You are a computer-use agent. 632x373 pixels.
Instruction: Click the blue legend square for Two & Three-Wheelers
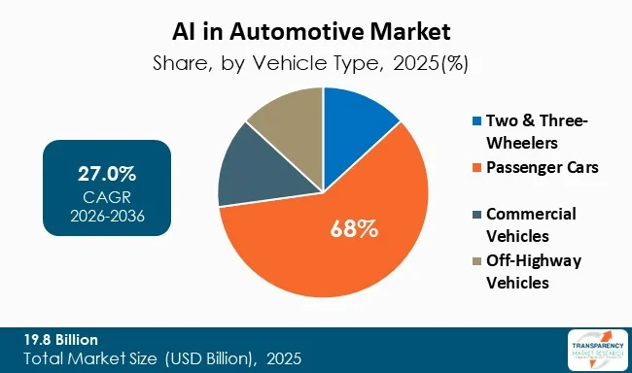(x=475, y=121)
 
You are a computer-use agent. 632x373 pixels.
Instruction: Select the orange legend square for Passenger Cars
(x=475, y=166)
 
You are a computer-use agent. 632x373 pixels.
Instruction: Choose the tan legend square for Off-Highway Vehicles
(x=475, y=260)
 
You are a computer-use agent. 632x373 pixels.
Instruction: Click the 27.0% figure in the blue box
(x=107, y=175)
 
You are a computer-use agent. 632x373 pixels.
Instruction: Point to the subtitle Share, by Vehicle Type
(x=316, y=65)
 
